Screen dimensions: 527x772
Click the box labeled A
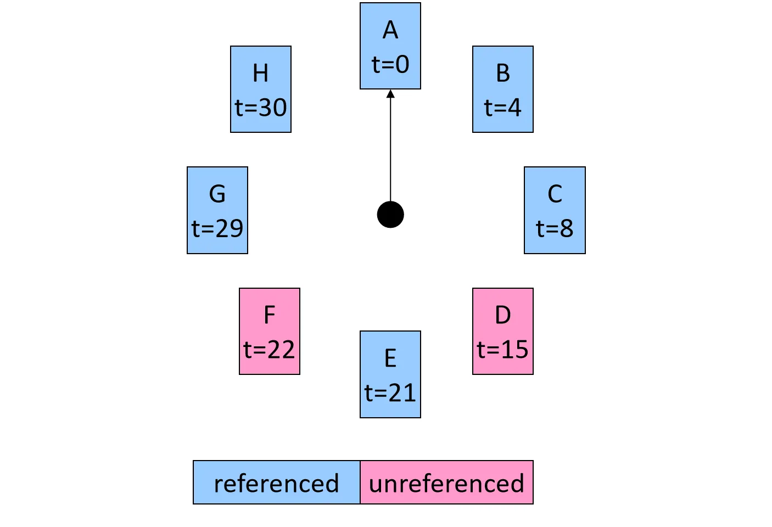(x=390, y=46)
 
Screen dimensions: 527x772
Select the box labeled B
(x=502, y=89)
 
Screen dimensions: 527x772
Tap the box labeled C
(x=555, y=210)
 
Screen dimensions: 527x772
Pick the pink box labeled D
(x=502, y=331)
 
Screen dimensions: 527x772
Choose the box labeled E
(x=390, y=374)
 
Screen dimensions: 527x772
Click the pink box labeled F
(x=269, y=331)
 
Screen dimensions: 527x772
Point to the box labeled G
(x=217, y=210)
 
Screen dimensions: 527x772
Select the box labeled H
(x=260, y=89)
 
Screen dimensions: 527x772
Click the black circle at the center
(x=390, y=214)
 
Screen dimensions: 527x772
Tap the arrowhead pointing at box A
(x=390, y=94)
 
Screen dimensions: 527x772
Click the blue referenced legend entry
(x=276, y=483)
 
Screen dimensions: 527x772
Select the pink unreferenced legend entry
(x=446, y=483)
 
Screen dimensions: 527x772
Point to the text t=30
(x=261, y=108)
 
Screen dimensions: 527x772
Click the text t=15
(x=502, y=350)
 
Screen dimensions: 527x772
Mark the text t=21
(x=390, y=393)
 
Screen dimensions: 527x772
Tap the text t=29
(x=217, y=228)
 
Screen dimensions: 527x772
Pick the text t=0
(x=390, y=65)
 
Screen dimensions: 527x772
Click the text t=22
(x=269, y=350)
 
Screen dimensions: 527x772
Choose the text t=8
(x=555, y=228)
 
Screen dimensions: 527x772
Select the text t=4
(x=502, y=108)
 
